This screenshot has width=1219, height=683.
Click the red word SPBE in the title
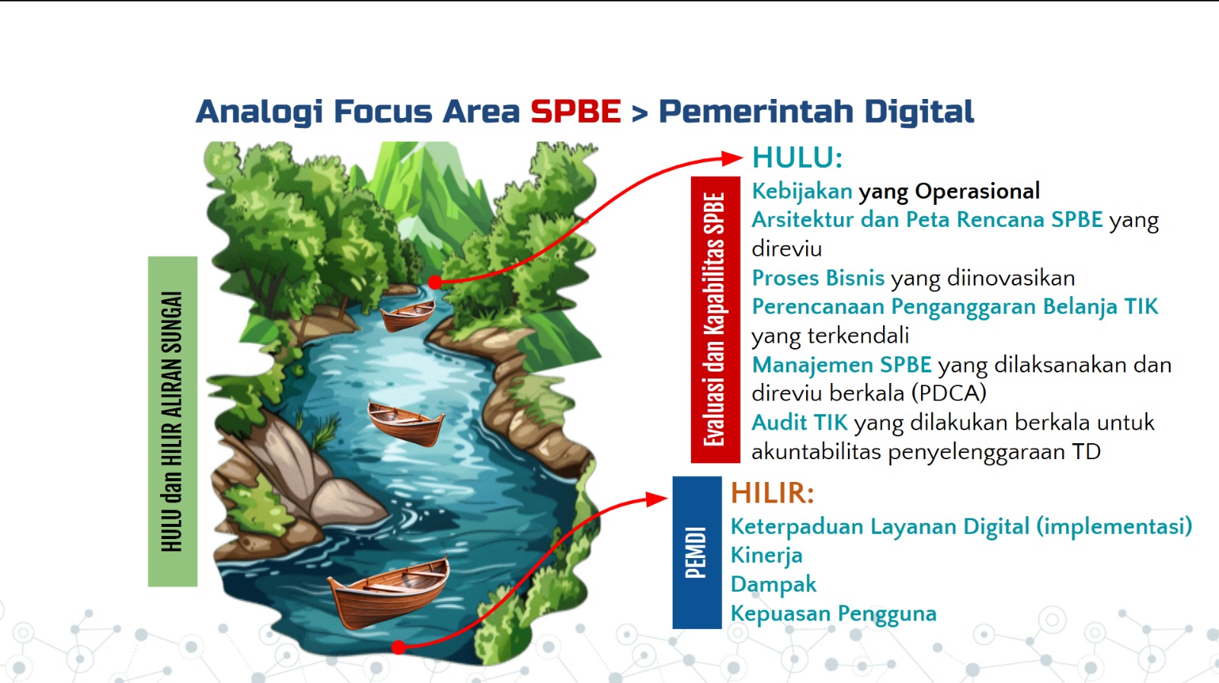point(576,111)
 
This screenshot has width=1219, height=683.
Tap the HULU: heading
point(797,158)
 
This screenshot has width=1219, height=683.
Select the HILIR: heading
point(773,493)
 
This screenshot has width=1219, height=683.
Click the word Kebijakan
point(801,191)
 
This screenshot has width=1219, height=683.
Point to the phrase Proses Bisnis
point(818,278)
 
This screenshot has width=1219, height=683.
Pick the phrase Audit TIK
point(799,423)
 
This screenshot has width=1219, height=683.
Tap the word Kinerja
point(766,556)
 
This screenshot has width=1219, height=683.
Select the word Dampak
point(773,585)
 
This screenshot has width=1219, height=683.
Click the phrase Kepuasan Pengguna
point(833,614)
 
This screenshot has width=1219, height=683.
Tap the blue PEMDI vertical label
point(697,553)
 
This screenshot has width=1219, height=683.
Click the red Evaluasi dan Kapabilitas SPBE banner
point(715,319)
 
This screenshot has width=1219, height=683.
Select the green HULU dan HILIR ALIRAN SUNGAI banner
point(172,421)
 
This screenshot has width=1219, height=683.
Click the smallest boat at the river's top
point(407,316)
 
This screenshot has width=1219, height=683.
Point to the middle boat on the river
point(405,423)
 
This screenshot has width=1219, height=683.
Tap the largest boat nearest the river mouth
point(388,592)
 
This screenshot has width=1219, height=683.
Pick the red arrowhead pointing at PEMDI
point(656,499)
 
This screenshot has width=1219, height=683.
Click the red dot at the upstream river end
point(434,282)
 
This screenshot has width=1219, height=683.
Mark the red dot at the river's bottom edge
point(398,647)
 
